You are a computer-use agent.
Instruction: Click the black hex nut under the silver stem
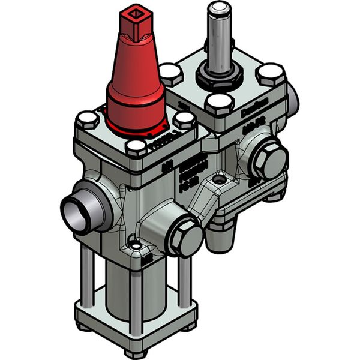pyautogui.click(x=219, y=76)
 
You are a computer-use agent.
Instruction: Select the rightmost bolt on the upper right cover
pyautogui.click(x=271, y=74)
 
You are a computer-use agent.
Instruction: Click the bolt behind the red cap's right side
pyautogui.click(x=171, y=76)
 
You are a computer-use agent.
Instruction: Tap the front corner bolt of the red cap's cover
pyautogui.click(x=137, y=146)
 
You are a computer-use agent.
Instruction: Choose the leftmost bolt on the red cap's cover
pyautogui.click(x=88, y=118)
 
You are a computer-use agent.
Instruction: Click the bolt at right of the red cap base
pyautogui.click(x=185, y=119)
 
